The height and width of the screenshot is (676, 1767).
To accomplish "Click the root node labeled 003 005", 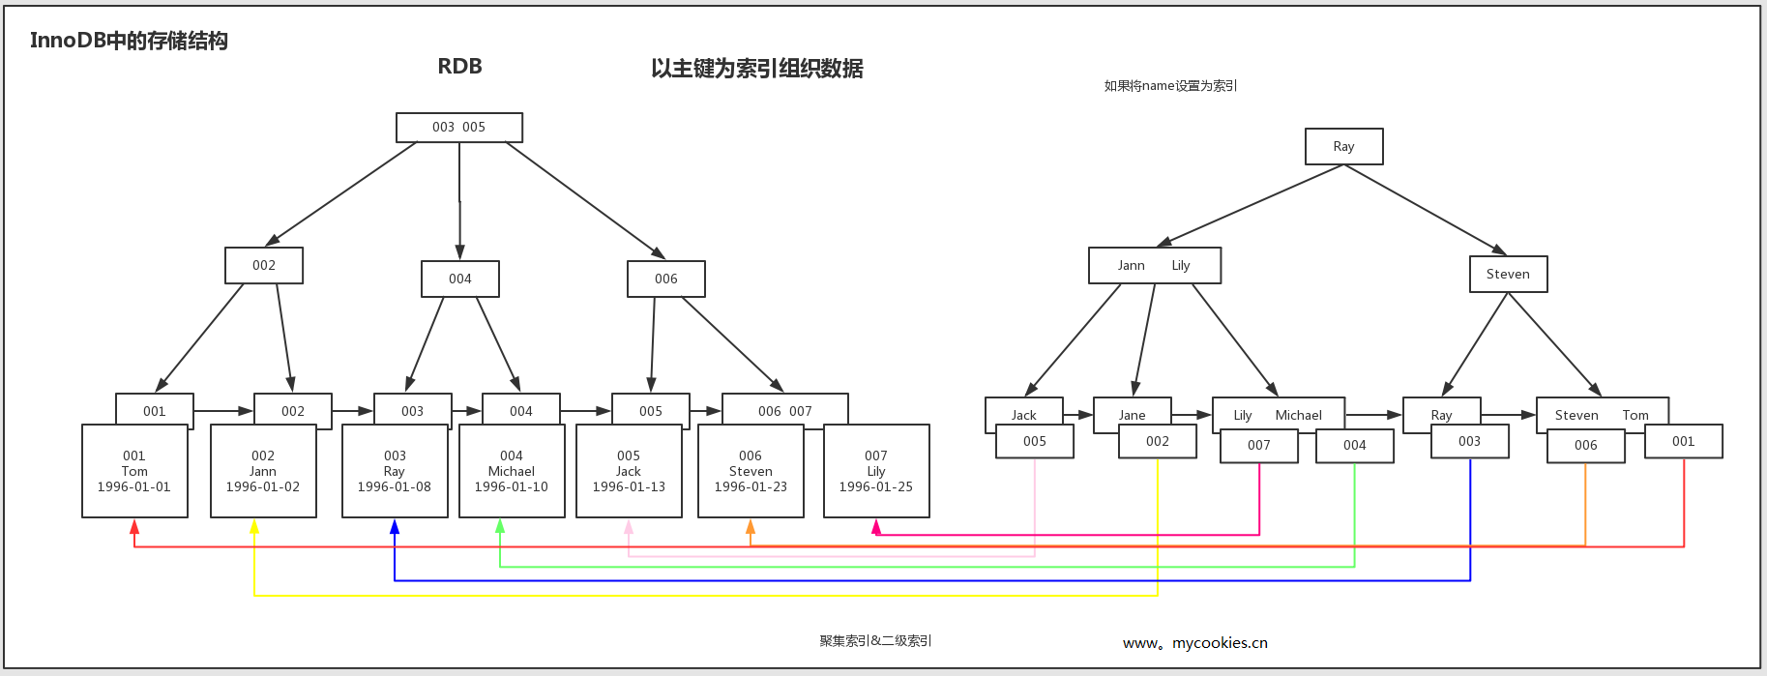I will click(459, 128).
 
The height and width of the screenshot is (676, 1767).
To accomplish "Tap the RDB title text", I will click(459, 67).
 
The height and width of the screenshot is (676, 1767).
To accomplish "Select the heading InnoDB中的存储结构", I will click(129, 41).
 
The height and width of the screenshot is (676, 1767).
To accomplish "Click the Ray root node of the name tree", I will click(1343, 147).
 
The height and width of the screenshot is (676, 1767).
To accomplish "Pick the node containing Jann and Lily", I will click(1154, 266).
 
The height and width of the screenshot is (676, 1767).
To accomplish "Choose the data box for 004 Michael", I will click(512, 471).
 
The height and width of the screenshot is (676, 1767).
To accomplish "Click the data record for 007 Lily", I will click(876, 471).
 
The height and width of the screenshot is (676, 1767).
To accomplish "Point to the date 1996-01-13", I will click(629, 487).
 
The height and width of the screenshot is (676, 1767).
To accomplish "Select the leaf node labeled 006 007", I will click(784, 410).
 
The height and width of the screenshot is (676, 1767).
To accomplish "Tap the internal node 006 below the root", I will click(665, 279).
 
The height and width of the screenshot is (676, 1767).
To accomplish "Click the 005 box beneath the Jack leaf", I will click(1034, 442).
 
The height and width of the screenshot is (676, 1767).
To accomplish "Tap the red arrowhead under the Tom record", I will click(134, 527).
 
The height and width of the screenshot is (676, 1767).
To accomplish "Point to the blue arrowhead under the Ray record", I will click(395, 527).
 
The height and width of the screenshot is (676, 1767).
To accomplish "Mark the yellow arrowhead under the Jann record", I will click(254, 527).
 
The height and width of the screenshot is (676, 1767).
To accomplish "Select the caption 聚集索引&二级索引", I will click(875, 641).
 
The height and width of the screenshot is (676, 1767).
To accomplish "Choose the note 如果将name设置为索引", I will click(1170, 86).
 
